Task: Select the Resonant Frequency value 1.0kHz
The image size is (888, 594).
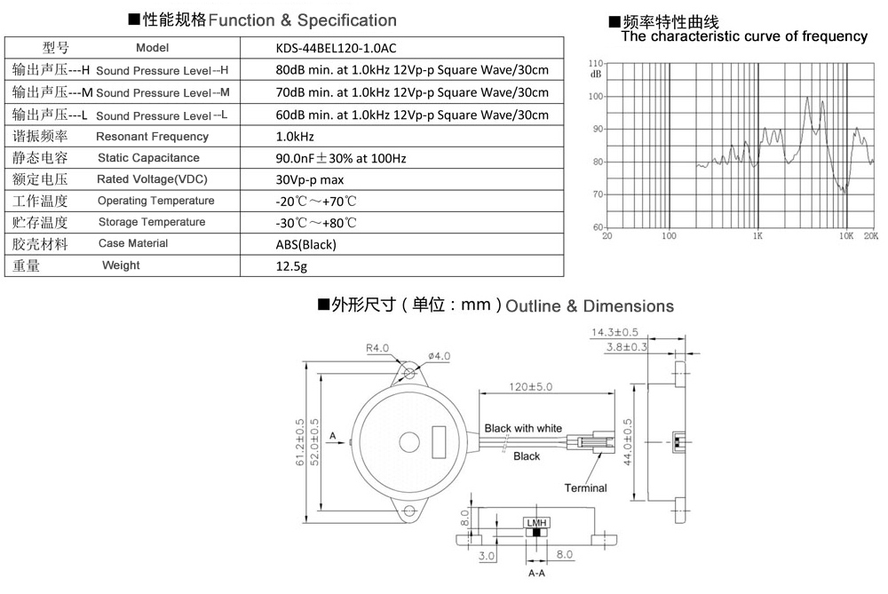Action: click(295, 137)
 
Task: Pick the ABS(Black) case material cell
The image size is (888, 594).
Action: click(306, 244)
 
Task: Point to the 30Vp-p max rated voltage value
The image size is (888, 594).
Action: click(310, 179)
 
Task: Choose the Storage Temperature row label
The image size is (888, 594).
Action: click(151, 222)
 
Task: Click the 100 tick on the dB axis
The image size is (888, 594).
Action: click(597, 96)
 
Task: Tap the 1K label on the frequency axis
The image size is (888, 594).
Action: click(757, 236)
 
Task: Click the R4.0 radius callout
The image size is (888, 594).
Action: click(377, 348)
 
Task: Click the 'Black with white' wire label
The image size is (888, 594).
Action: click(523, 429)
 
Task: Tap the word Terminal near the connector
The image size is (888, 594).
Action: click(586, 487)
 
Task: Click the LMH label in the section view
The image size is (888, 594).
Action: click(537, 523)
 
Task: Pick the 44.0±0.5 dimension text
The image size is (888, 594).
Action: click(628, 442)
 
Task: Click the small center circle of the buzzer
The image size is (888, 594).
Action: click(409, 441)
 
